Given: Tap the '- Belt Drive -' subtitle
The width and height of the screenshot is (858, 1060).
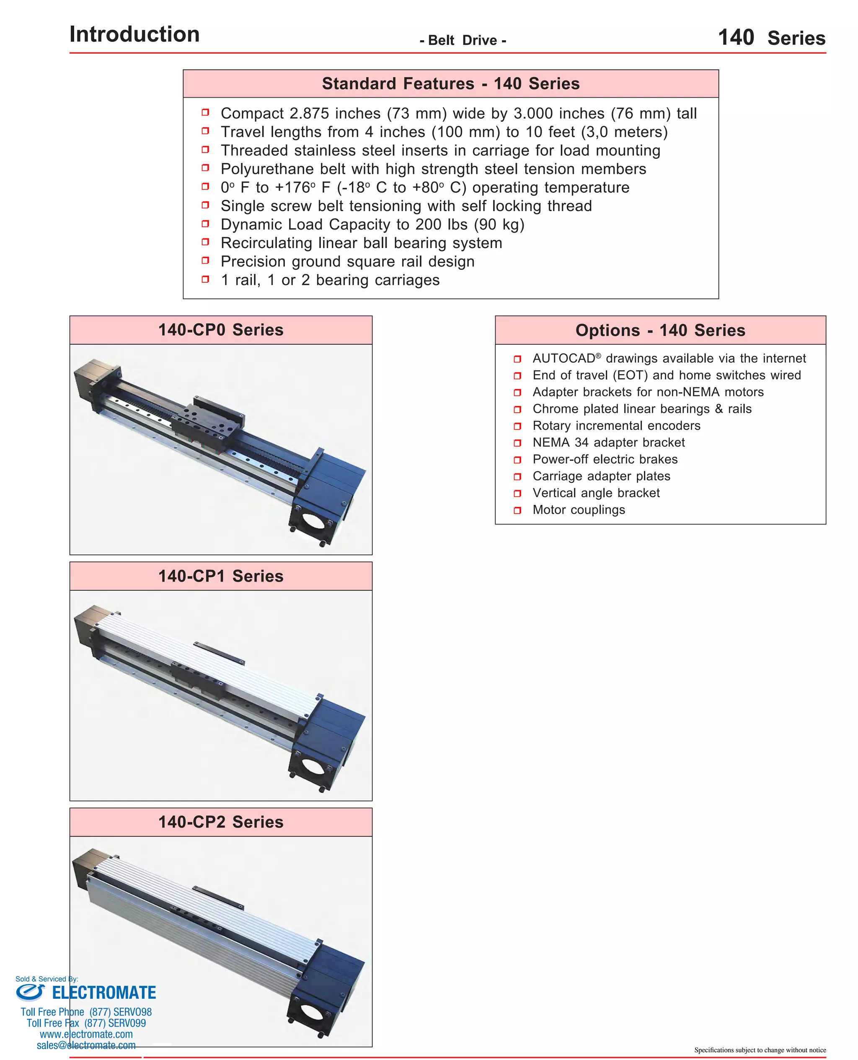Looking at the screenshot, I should coord(463,41).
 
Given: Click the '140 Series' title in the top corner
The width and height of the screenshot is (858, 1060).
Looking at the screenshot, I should coord(771,38).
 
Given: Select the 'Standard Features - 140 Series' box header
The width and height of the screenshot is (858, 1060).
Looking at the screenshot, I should coord(450,83).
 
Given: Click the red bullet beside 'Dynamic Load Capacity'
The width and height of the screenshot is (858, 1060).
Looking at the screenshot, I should coord(205,224).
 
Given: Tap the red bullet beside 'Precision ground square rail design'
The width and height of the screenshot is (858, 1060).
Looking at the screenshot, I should coord(205,261).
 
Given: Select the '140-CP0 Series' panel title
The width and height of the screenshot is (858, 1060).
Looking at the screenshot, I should coord(220,330).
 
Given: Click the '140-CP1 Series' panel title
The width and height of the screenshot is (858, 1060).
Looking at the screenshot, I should coord(220,576).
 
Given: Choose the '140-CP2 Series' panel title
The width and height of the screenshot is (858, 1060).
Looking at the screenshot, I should coord(220,822).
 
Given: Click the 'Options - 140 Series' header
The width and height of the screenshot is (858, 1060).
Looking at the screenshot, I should coord(660,330).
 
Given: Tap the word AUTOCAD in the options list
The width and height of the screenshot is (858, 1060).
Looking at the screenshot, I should coord(563,358).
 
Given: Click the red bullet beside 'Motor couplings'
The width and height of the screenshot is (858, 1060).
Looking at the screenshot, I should coord(517,510).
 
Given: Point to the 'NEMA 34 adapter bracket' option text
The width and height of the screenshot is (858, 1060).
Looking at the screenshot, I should coord(608,442).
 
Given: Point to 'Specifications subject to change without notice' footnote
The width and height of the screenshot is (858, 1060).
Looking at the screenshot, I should coord(760,1050).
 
